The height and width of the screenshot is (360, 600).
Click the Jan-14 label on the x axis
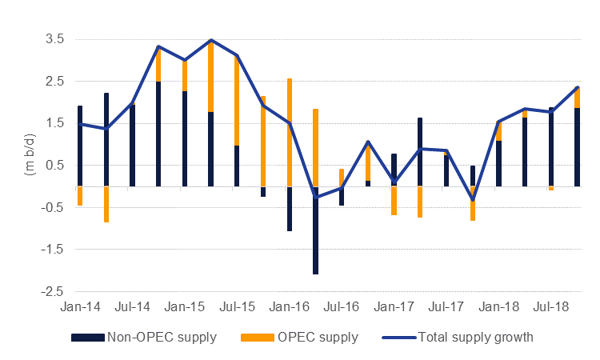pos(80,306)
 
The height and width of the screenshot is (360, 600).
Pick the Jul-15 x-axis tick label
pos(237,306)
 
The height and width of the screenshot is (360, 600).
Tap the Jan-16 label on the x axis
pos(290,306)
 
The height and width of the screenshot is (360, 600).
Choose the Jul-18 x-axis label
pos(551,306)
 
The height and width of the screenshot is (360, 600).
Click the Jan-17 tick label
pos(394,306)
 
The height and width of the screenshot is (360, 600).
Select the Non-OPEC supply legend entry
pos(144,337)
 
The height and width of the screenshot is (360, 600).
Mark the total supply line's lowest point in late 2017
pos(473,199)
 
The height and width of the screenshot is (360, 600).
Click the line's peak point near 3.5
pos(210,40)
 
